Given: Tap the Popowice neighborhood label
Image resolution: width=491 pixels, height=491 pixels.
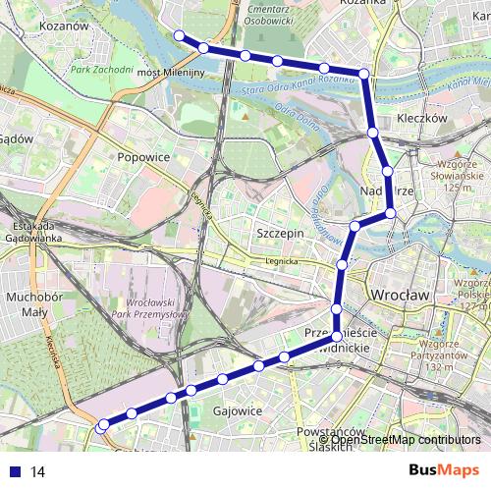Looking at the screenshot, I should (x=143, y=157).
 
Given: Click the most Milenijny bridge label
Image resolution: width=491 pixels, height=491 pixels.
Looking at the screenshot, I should (x=170, y=73).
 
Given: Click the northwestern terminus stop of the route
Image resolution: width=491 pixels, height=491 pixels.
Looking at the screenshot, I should (x=180, y=36).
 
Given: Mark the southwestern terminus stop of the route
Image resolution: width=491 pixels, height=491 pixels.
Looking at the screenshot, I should (x=101, y=426).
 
